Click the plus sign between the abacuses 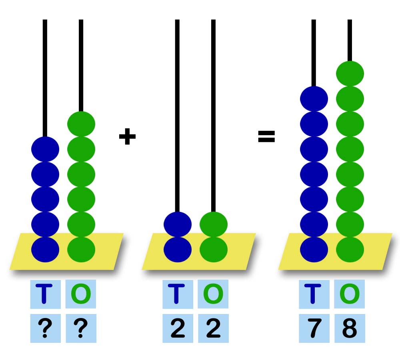(x=127, y=137)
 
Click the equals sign (x=266, y=137)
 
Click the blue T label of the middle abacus (x=178, y=294)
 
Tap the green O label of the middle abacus (x=213, y=294)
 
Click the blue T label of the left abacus (x=45, y=294)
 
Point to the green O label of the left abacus (x=81, y=294)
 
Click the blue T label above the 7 (x=314, y=294)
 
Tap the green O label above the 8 (x=350, y=294)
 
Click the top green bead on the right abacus (x=350, y=74)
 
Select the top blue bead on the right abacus (x=314, y=99)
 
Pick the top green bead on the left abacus (x=81, y=124)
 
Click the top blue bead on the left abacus (x=45, y=149)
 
